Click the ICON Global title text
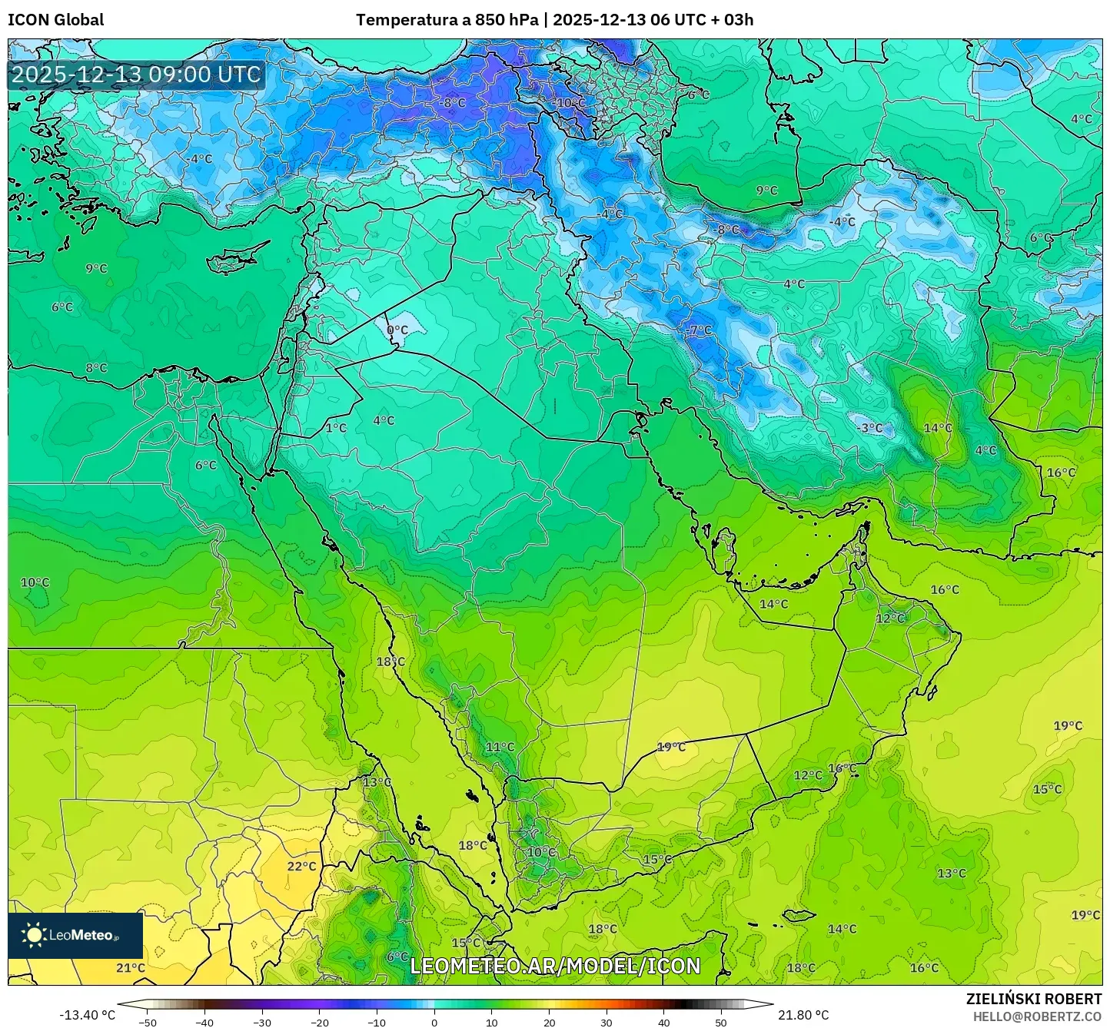click(x=55, y=20)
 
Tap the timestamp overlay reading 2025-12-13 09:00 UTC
click(x=136, y=75)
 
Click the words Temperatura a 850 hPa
click(x=447, y=20)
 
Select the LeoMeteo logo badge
click(x=75, y=935)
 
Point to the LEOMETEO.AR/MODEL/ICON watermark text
click(x=555, y=966)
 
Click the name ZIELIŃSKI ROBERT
click(x=1033, y=999)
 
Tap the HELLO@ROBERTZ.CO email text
click(x=1037, y=1016)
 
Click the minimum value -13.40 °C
click(x=87, y=1015)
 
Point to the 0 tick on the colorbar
click(x=434, y=1022)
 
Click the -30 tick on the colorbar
click(x=262, y=1022)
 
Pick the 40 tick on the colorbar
click(x=663, y=1022)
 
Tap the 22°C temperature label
click(x=301, y=866)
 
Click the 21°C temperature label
click(x=130, y=967)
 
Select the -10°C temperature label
click(x=570, y=103)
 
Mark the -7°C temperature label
click(x=698, y=330)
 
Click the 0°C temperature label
click(x=397, y=330)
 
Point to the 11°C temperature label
click(x=500, y=747)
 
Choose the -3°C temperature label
click(x=869, y=428)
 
